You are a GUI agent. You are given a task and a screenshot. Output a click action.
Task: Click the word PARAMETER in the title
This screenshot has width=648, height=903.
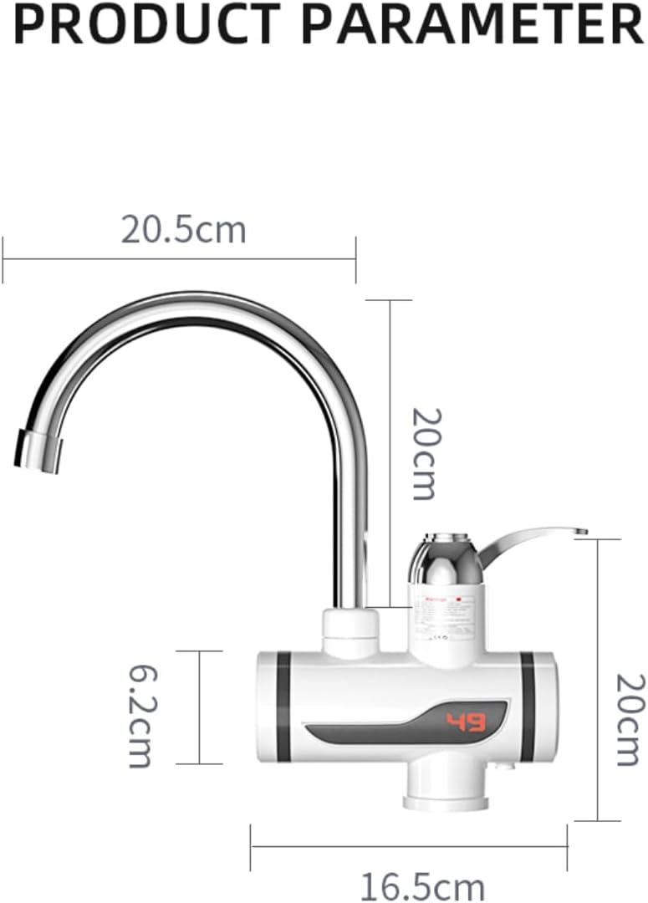point(472,24)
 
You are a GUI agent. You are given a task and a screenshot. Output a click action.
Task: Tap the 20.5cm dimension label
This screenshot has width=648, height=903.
point(184,229)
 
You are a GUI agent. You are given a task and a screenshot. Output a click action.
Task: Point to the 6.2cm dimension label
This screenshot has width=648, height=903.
point(140,716)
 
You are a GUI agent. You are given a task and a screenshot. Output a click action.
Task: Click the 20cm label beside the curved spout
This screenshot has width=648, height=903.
point(423,453)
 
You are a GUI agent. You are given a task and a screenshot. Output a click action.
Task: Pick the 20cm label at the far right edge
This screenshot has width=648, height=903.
point(628,719)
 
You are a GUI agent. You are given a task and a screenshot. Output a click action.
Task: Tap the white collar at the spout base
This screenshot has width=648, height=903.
point(350,633)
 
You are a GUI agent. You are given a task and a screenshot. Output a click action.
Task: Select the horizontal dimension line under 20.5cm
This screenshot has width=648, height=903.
point(179,259)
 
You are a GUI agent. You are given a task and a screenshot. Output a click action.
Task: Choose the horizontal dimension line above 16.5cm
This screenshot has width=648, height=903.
point(409,846)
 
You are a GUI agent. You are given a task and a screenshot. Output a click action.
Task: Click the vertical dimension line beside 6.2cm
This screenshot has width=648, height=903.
point(199,707)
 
